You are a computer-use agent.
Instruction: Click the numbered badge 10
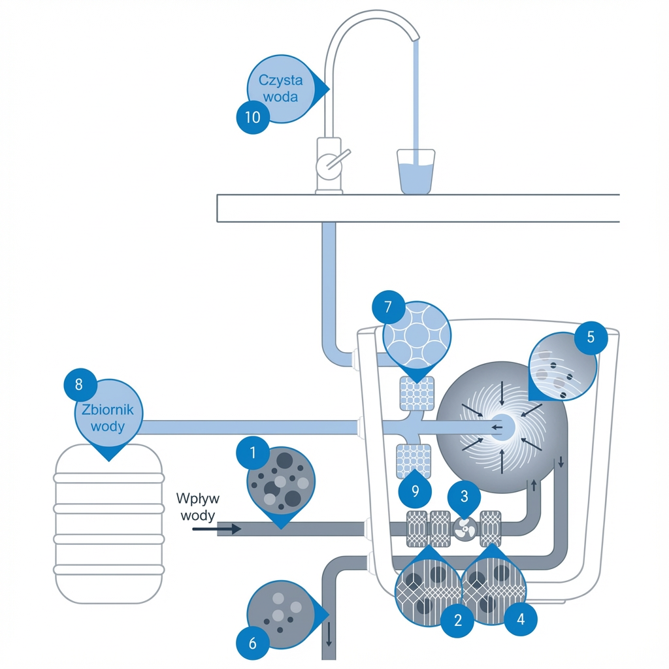pos(252,118)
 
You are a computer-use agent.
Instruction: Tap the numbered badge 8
pos(79,384)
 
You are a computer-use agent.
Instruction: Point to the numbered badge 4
pos(521,618)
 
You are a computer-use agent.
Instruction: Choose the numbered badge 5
pos(591,338)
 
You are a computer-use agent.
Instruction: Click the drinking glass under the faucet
pos(416,172)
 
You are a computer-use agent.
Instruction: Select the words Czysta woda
pos(281,88)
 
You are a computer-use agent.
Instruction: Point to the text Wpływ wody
pos(198,506)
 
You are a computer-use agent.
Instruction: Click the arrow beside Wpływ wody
pos(217,529)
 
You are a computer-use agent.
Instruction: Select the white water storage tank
pos(108,523)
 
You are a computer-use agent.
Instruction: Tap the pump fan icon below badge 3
pos(465,528)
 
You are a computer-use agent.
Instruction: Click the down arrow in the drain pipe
pos(329,633)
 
